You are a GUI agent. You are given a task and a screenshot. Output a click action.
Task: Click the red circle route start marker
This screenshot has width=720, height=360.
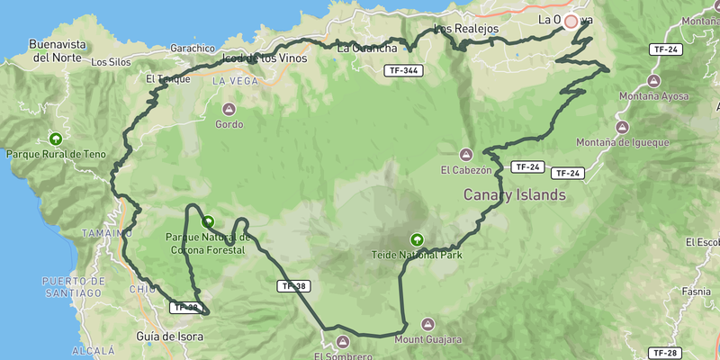[571, 21]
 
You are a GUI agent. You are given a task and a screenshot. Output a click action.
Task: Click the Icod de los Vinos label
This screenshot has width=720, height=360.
[264, 58]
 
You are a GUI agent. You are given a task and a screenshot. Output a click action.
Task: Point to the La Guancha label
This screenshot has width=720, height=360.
[366, 49]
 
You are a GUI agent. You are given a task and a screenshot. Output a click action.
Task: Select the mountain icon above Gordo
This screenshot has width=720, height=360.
[229, 110]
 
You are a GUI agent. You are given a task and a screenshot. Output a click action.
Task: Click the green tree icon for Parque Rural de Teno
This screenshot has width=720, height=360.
[56, 139]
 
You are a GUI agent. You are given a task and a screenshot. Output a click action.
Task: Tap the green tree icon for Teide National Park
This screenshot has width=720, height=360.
[417, 239]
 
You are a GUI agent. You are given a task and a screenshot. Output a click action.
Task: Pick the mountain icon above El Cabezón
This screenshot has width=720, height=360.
[465, 154]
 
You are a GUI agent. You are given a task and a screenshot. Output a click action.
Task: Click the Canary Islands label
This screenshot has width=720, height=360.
[514, 194]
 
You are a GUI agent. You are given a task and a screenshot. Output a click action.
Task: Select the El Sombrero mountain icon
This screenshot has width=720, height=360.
[342, 341]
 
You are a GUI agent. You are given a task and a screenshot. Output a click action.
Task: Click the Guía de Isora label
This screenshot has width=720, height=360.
[168, 337]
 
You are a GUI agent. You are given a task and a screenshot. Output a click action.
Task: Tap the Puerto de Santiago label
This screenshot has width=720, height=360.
[72, 287]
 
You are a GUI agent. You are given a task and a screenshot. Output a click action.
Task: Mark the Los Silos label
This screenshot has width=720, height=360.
[111, 62]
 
